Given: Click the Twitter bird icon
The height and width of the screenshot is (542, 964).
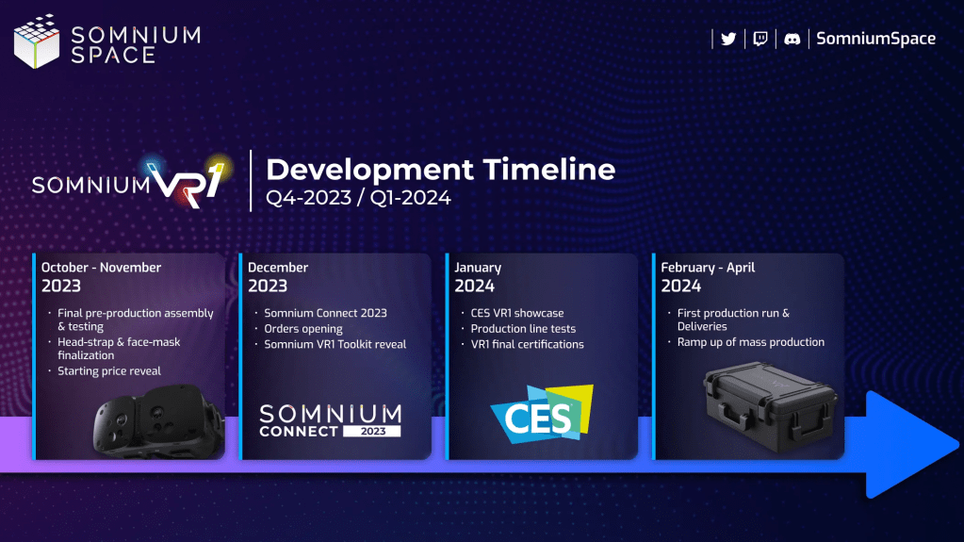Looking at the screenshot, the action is click(x=728, y=39).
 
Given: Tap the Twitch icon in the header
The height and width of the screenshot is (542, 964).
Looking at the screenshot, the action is click(x=760, y=39).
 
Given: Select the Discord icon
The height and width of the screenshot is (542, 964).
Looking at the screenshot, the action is click(x=792, y=39).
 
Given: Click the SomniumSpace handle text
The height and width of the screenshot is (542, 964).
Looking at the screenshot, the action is click(x=875, y=39).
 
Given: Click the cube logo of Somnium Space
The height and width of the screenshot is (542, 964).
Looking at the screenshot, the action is click(x=37, y=41).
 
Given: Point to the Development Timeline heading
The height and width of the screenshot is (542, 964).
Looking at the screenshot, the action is click(x=440, y=169).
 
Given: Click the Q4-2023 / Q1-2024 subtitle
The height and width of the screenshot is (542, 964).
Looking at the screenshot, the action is click(x=358, y=198).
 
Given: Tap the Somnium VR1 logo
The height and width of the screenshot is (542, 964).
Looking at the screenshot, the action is click(x=132, y=182).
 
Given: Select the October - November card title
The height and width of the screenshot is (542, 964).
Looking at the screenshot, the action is click(x=101, y=268).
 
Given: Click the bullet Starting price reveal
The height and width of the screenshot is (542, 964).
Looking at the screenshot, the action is click(x=108, y=371).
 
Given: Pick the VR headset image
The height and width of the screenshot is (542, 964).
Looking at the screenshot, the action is click(x=158, y=420).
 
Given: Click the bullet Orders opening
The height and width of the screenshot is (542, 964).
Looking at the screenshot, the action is click(x=303, y=329).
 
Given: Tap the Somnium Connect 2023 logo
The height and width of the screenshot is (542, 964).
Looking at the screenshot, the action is click(x=330, y=420).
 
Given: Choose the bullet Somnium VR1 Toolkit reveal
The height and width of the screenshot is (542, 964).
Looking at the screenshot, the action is click(x=335, y=344).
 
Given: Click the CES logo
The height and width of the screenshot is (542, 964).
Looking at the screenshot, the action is click(x=542, y=414).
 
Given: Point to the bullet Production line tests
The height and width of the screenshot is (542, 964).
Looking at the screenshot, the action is click(x=523, y=329).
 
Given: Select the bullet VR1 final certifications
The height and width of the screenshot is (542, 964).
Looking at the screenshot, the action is click(x=527, y=344).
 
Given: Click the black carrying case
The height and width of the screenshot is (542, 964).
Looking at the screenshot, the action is click(x=770, y=407).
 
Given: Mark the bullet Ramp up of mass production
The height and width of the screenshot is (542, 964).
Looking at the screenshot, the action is click(x=751, y=342).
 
